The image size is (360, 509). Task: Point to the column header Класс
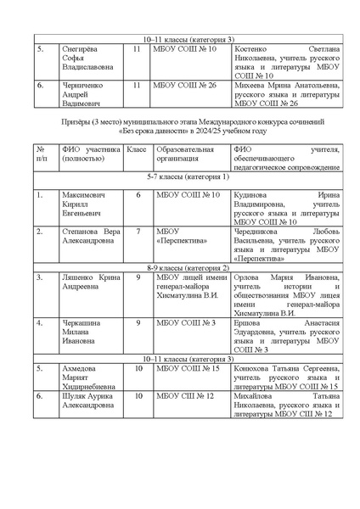click(x=137, y=149)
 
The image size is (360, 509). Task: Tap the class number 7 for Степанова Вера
click(x=138, y=231)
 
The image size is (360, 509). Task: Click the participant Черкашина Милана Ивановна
click(x=87, y=333)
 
